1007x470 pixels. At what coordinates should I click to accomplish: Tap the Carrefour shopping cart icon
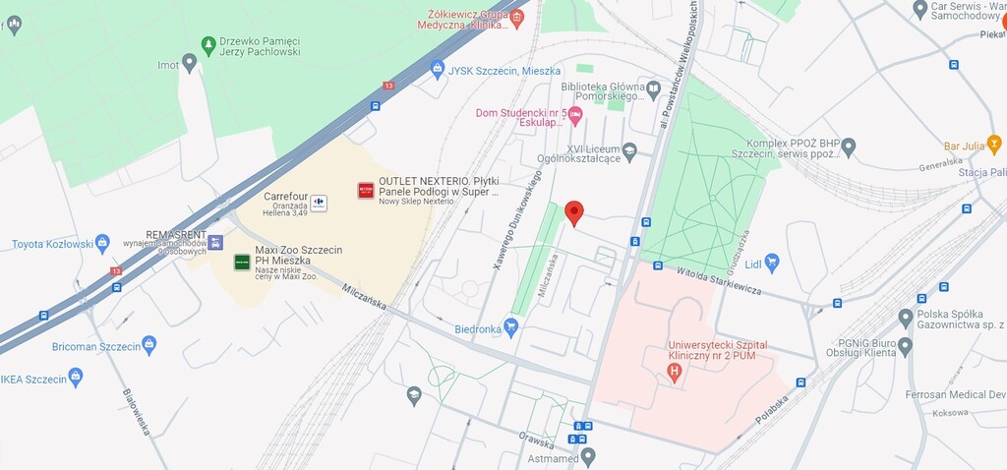(x=319, y=203)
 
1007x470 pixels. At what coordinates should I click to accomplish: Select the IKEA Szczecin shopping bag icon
(x=76, y=377)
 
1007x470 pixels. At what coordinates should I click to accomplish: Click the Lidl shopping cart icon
(x=771, y=262)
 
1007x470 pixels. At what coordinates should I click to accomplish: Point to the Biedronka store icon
(x=510, y=326)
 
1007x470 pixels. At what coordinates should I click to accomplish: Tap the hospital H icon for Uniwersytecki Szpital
(x=674, y=372)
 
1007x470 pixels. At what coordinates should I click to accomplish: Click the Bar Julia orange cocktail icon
(x=994, y=145)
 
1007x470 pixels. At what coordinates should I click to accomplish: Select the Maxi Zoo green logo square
(x=241, y=262)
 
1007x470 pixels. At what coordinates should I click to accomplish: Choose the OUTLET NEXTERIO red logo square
(x=366, y=190)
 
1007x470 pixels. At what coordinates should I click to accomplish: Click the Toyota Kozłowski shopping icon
(x=102, y=243)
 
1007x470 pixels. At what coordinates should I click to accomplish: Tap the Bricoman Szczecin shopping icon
(x=148, y=344)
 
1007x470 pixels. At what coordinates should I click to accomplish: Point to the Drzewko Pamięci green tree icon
(x=207, y=45)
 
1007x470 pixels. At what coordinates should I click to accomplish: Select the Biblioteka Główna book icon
(x=653, y=90)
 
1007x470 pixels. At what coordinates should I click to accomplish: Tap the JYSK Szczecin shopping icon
(x=438, y=69)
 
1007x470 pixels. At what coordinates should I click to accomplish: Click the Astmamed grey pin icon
(x=588, y=456)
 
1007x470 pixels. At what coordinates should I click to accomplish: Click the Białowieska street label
(x=135, y=412)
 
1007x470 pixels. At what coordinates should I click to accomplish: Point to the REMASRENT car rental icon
(x=215, y=242)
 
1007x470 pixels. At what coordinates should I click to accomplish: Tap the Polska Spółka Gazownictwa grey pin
(x=906, y=318)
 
